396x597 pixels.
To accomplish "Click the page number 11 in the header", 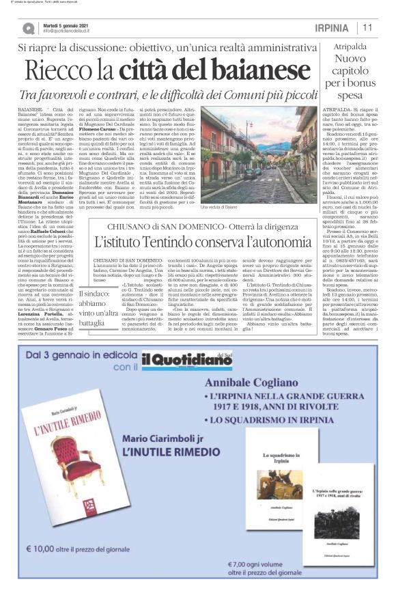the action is [x=367, y=27].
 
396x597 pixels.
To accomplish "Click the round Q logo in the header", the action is [x=29, y=28].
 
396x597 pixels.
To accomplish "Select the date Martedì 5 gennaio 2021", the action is [x=67, y=25].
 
